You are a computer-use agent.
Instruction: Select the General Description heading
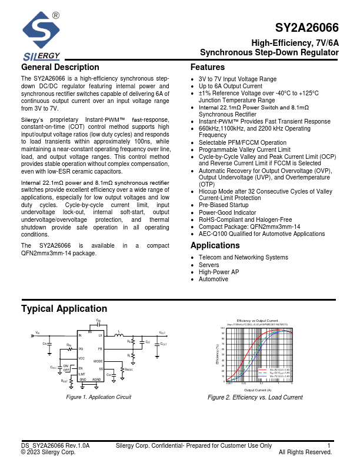coord(60,67)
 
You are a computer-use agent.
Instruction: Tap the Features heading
coord(208,67)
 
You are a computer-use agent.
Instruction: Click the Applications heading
coord(215,245)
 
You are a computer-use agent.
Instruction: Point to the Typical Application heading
coord(64,309)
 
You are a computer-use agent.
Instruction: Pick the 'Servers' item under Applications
coord(209,265)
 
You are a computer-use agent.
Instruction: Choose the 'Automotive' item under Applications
coord(214,279)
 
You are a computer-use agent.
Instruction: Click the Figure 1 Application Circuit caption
coord(98,397)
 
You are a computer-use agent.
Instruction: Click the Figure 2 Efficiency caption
coord(255,397)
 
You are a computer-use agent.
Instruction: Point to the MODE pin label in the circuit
coord(98,361)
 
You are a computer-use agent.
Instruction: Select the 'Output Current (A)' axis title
coord(258,390)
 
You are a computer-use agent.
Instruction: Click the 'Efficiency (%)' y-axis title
coord(218,357)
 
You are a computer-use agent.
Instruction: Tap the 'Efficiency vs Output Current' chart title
coord(257,319)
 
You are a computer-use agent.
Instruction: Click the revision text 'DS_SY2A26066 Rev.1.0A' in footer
coord(55,446)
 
